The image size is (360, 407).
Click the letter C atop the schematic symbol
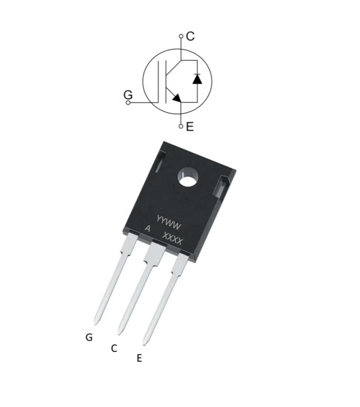190,36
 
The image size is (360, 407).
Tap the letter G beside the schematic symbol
128,94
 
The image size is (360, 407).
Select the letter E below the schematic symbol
190,127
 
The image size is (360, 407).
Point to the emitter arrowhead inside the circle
176,98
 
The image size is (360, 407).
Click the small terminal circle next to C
181,36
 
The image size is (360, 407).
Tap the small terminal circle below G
128,103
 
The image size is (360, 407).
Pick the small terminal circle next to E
181,126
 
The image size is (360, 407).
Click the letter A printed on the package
147,229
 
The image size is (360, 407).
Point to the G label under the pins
89,337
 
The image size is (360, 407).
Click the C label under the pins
114,348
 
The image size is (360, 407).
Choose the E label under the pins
139,358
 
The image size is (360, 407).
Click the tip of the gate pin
96,323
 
